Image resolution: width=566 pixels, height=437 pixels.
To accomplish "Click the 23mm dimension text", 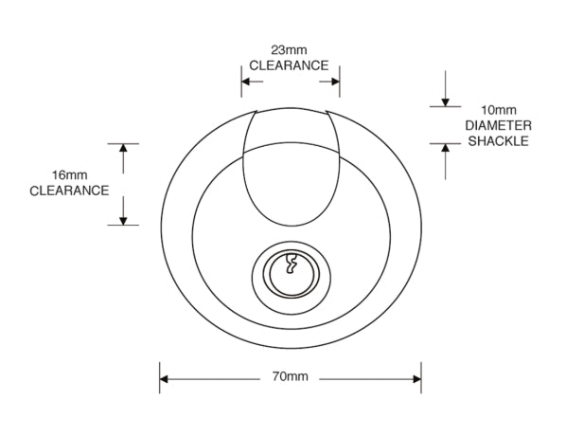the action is (x=289, y=49).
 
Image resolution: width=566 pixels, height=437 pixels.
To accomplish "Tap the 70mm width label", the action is (x=290, y=376).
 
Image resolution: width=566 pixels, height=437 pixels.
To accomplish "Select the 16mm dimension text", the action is (x=70, y=175).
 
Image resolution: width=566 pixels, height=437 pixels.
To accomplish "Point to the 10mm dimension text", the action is (x=499, y=110).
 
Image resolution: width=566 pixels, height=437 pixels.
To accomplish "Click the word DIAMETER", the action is (x=498, y=125).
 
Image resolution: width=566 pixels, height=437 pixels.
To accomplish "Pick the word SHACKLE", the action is (x=498, y=141).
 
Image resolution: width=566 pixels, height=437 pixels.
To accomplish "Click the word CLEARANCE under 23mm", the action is (x=289, y=65).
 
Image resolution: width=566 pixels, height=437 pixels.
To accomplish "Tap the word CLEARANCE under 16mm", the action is (x=69, y=191).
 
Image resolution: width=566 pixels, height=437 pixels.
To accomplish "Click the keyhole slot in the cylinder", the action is (x=291, y=264).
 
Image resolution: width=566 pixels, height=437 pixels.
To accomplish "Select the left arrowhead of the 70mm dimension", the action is (x=164, y=379).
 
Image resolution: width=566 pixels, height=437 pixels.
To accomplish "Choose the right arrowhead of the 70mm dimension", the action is (x=416, y=379).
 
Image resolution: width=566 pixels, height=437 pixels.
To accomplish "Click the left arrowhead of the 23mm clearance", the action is (x=246, y=82).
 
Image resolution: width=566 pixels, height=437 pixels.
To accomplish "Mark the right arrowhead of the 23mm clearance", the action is (x=335, y=82).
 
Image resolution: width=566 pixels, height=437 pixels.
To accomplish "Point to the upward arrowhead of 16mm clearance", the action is (x=123, y=148).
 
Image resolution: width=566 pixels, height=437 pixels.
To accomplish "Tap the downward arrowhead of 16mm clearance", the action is (x=123, y=221).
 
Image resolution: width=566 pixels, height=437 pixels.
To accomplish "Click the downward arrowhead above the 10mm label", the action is (x=446, y=102).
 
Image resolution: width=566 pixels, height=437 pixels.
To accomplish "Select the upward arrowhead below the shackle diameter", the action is (x=446, y=148).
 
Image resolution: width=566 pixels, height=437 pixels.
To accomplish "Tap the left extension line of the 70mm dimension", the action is (x=160, y=377).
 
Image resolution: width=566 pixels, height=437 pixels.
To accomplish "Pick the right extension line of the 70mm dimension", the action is (x=421, y=377).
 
